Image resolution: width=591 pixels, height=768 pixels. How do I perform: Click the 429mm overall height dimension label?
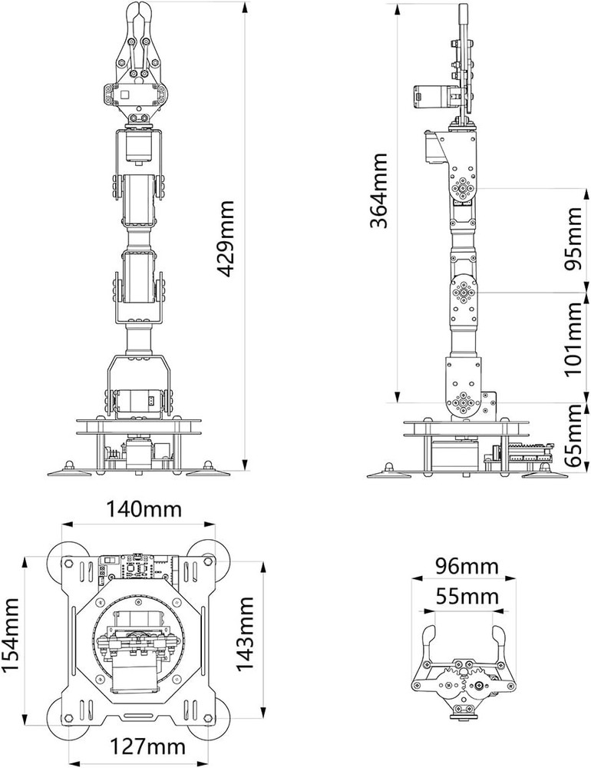(226, 242)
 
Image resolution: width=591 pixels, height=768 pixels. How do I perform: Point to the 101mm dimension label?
(573, 339)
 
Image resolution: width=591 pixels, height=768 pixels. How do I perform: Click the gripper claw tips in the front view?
(138, 15)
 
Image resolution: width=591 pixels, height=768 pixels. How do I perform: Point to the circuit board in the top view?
(138, 568)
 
